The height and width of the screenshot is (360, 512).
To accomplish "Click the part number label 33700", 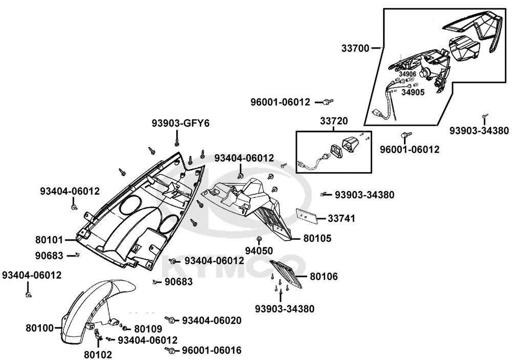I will [355, 49].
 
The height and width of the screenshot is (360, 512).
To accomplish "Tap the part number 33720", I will [334, 121].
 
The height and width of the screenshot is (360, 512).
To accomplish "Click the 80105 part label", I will [317, 238].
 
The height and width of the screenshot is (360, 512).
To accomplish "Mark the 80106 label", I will [324, 277].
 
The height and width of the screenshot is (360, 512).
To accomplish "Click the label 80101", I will [49, 239].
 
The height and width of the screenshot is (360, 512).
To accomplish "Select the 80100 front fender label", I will [39, 327].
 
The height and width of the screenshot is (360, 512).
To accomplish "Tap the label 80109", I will [148, 329].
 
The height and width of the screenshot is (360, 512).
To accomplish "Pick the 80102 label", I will [98, 353].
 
